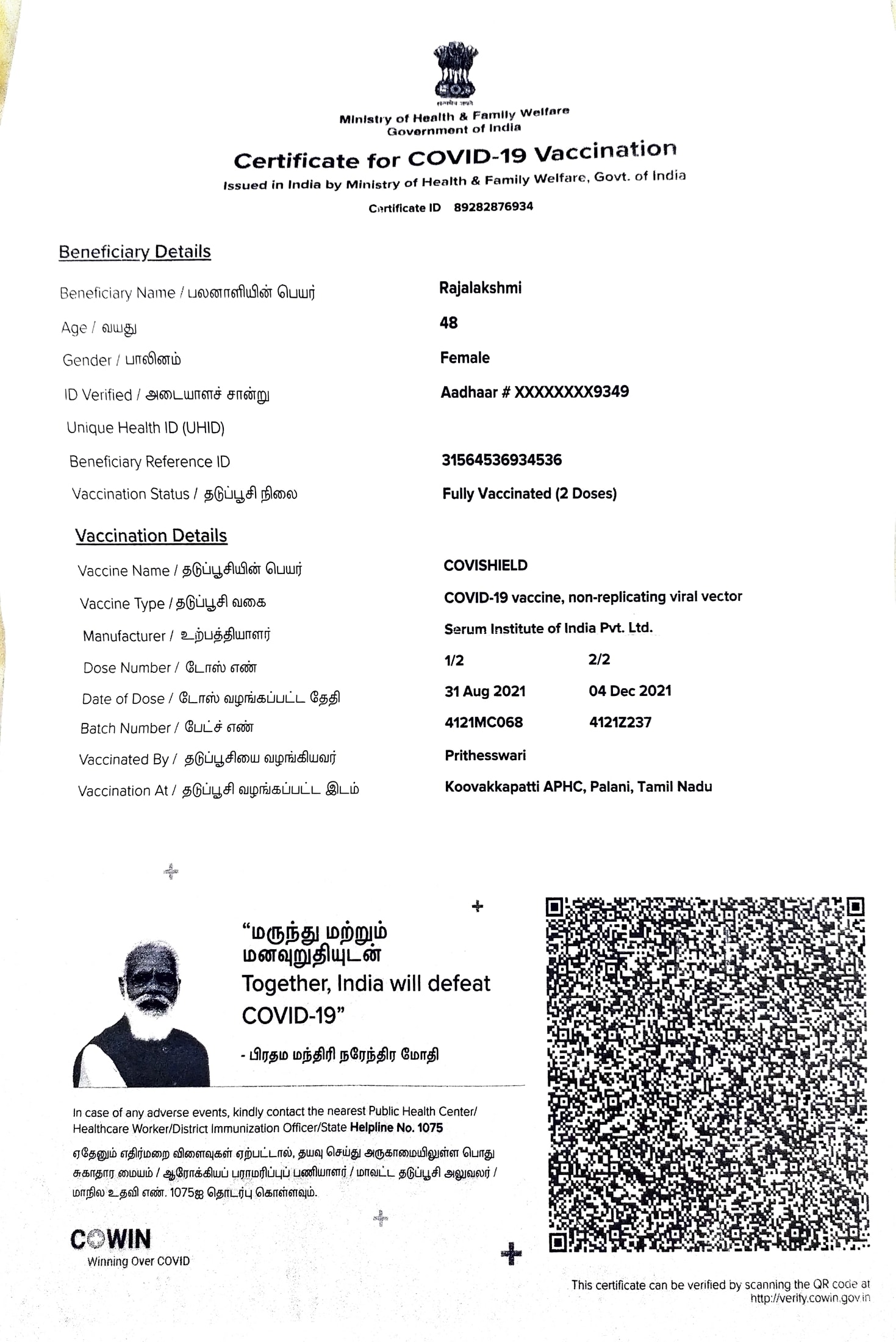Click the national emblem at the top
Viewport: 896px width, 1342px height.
(x=454, y=72)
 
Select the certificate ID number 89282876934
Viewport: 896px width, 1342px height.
(x=493, y=207)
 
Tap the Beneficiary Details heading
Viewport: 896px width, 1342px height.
(x=135, y=252)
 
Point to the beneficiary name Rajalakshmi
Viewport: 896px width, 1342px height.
(x=480, y=288)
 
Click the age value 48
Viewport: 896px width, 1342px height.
(x=448, y=323)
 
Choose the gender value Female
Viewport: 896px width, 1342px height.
(x=465, y=357)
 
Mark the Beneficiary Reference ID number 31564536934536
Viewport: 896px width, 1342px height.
(x=501, y=460)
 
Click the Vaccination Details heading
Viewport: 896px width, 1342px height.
(x=151, y=536)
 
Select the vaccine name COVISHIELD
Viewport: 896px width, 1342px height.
(x=486, y=565)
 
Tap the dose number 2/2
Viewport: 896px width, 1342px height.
(x=599, y=659)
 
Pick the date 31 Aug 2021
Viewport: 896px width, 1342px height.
(x=485, y=691)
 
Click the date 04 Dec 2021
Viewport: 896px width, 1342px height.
(x=629, y=691)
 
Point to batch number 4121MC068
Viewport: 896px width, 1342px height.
(x=484, y=723)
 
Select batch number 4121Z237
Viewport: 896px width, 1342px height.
(x=620, y=723)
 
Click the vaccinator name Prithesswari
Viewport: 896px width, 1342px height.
(x=485, y=755)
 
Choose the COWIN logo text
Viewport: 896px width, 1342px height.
(x=110, y=1240)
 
